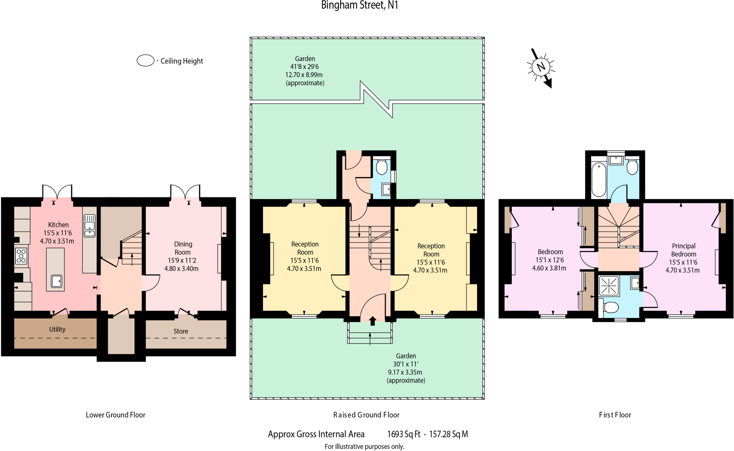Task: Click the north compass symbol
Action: click(540, 67)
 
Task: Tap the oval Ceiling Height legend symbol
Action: click(146, 61)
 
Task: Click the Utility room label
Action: click(57, 329)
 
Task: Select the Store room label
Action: click(181, 331)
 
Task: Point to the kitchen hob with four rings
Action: click(21, 256)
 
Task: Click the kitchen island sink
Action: click(57, 281)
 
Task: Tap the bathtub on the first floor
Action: click(599, 180)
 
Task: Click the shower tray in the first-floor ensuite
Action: click(609, 286)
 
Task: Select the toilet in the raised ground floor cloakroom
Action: click(382, 167)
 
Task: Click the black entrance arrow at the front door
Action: click(373, 321)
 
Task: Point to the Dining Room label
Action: click(183, 248)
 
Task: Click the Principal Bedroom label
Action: click(683, 250)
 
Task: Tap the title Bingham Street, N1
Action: click(359, 5)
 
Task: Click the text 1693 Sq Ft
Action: click(404, 434)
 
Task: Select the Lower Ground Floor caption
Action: click(115, 415)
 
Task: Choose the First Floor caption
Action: click(615, 415)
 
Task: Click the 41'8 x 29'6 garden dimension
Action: click(304, 67)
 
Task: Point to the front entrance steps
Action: click(370, 333)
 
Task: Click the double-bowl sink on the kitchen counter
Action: click(90, 226)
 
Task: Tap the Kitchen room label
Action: click(58, 225)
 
